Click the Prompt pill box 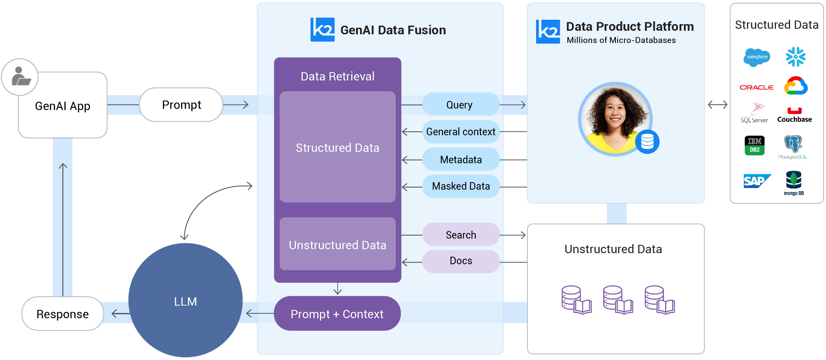click(x=181, y=105)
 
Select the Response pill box click(x=63, y=314)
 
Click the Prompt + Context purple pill click(x=337, y=314)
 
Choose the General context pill click(x=461, y=132)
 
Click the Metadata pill click(x=461, y=160)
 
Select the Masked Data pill click(x=461, y=186)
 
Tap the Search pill click(x=461, y=235)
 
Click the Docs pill click(x=461, y=261)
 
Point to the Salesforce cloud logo click(x=757, y=57)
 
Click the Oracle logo click(x=756, y=87)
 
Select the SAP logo click(x=757, y=181)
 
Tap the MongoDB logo click(x=794, y=183)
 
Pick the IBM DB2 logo click(x=754, y=145)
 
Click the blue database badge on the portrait click(x=647, y=142)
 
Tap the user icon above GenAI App click(x=20, y=77)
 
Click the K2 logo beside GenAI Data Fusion click(x=322, y=30)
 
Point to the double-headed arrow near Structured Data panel click(x=717, y=105)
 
